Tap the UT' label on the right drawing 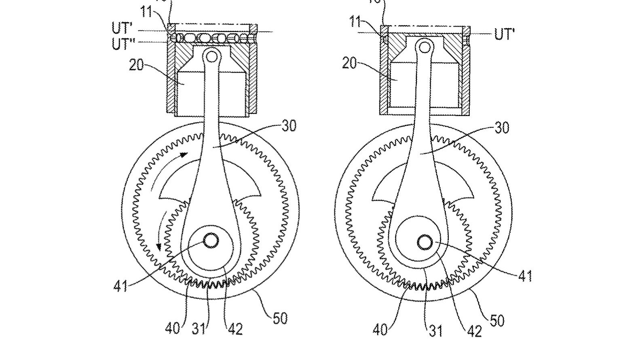[x=504, y=34]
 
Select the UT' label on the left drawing [x=122, y=28]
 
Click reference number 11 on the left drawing [x=146, y=12]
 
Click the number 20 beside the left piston [x=136, y=64]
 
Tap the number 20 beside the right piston [x=349, y=63]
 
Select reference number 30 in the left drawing [x=289, y=126]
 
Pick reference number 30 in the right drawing [x=502, y=128]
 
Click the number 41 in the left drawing [x=120, y=286]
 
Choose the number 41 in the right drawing [x=525, y=276]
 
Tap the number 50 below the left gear [x=280, y=318]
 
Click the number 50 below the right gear [x=497, y=320]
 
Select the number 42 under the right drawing [x=474, y=331]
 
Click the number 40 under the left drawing [x=173, y=328]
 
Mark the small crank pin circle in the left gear [x=211, y=241]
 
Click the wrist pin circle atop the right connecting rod [x=425, y=48]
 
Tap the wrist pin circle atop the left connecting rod [x=211, y=55]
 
